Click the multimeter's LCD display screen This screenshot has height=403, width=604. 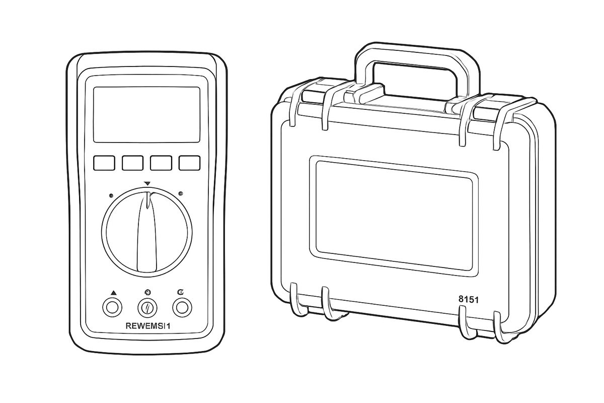tap(146, 114)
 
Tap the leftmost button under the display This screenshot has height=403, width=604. tap(104, 163)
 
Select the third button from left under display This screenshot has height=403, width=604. tap(161, 163)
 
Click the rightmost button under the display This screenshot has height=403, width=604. tap(190, 163)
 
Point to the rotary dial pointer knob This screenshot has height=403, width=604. tap(147, 232)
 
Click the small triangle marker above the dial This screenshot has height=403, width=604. tap(147, 183)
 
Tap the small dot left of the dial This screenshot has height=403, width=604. tap(111, 195)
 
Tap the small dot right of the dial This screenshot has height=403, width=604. tap(181, 193)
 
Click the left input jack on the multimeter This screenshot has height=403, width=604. tap(112, 307)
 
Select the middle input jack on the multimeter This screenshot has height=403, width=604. tap(147, 307)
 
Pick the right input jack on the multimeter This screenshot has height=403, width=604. tap(182, 307)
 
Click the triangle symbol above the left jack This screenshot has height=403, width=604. tap(113, 292)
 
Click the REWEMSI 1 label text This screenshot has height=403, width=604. tap(148, 326)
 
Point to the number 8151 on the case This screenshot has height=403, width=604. tap(469, 300)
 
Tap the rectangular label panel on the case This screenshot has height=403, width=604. tap(394, 216)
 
